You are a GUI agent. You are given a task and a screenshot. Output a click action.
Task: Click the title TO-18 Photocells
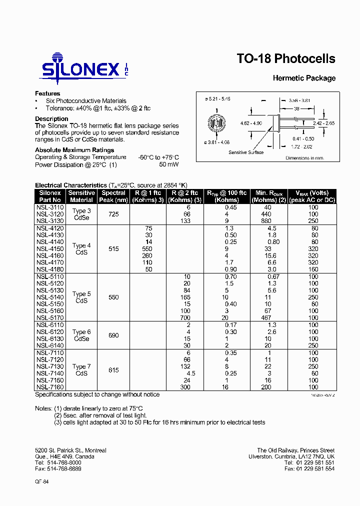(x=285, y=59)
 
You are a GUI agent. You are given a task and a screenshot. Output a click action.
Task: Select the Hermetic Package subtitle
(x=303, y=78)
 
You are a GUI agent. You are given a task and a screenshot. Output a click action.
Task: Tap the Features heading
(x=47, y=93)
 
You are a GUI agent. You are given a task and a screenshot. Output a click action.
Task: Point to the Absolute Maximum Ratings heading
(x=74, y=150)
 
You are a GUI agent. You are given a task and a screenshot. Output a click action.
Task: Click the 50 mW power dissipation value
(x=168, y=164)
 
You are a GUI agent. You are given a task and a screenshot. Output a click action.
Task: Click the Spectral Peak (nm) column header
(x=113, y=196)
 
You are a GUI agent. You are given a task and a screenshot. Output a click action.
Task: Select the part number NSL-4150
(x=50, y=248)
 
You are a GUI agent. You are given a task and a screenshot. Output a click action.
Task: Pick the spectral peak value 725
(x=113, y=214)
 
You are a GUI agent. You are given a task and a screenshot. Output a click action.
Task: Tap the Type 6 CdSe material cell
(x=81, y=335)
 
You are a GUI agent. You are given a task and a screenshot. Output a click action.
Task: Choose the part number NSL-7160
(x=50, y=387)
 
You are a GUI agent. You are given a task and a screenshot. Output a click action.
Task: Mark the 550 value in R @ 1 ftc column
(x=147, y=248)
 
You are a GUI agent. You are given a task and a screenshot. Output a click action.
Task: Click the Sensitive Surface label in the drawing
(x=246, y=152)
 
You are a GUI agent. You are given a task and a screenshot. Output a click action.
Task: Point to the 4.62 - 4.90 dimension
(x=251, y=123)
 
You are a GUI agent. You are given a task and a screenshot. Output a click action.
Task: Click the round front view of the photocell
(x=216, y=123)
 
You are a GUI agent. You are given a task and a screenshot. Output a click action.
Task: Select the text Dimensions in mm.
(x=305, y=158)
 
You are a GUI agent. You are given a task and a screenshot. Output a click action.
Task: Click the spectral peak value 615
(x=113, y=370)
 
